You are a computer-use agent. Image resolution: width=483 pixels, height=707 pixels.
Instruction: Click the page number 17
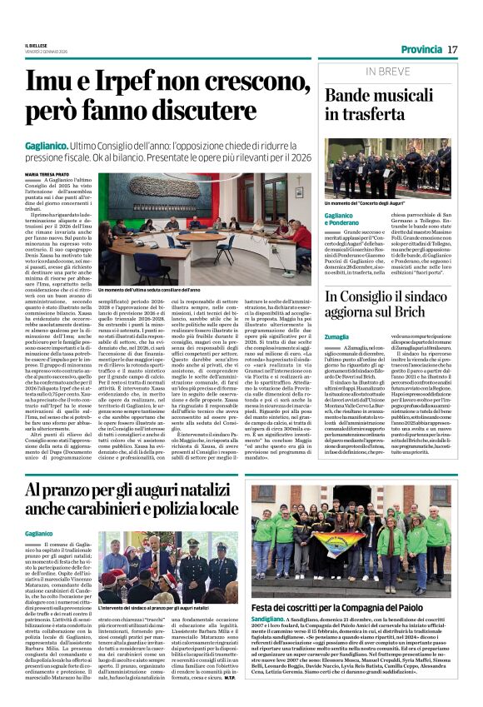tap(452, 50)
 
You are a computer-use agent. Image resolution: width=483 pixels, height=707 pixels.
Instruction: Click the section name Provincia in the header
tap(421, 50)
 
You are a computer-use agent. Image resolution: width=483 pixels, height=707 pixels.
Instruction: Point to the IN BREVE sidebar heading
tap(387, 72)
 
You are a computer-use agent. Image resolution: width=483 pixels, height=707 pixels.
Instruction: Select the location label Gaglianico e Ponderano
tap(344, 219)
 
